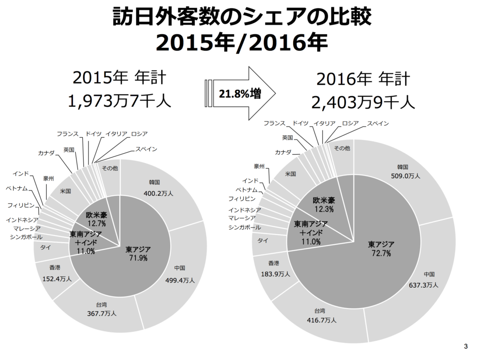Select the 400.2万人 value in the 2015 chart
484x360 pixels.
click(x=158, y=193)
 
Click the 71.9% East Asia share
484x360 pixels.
click(x=138, y=258)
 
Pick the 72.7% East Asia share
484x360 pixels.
click(x=381, y=254)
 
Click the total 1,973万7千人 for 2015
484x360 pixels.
click(x=120, y=100)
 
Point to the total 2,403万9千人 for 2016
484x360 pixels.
click(x=363, y=101)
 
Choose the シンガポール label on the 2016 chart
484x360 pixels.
click(x=244, y=228)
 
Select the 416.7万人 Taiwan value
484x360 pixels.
click(x=321, y=320)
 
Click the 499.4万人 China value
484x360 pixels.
click(x=180, y=280)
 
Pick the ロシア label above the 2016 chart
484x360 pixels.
click(x=350, y=123)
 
